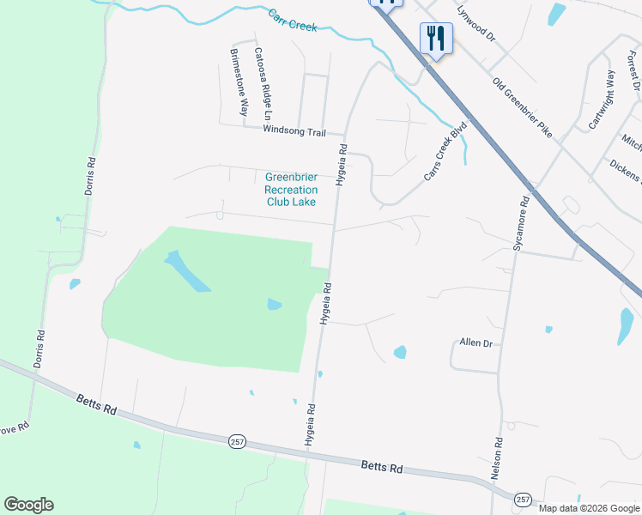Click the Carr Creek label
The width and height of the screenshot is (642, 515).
coord(292,21)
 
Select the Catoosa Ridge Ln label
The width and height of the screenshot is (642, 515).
coord(262,83)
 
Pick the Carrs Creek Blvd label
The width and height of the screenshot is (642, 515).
coord(445,152)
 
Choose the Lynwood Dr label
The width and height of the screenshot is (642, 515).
coord(476,26)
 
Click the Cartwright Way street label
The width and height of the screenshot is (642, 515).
coord(602,100)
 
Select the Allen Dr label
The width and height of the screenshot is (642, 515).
coord(476,342)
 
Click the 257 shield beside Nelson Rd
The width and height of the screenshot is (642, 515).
coord(522,499)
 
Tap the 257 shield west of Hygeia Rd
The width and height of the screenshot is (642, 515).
coord(238,441)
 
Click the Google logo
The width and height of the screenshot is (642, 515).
coord(28,505)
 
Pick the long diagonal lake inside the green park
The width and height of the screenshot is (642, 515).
coord(187,271)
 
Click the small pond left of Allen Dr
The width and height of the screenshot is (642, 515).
coord(400,352)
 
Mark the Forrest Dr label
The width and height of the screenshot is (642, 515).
coord(633,70)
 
